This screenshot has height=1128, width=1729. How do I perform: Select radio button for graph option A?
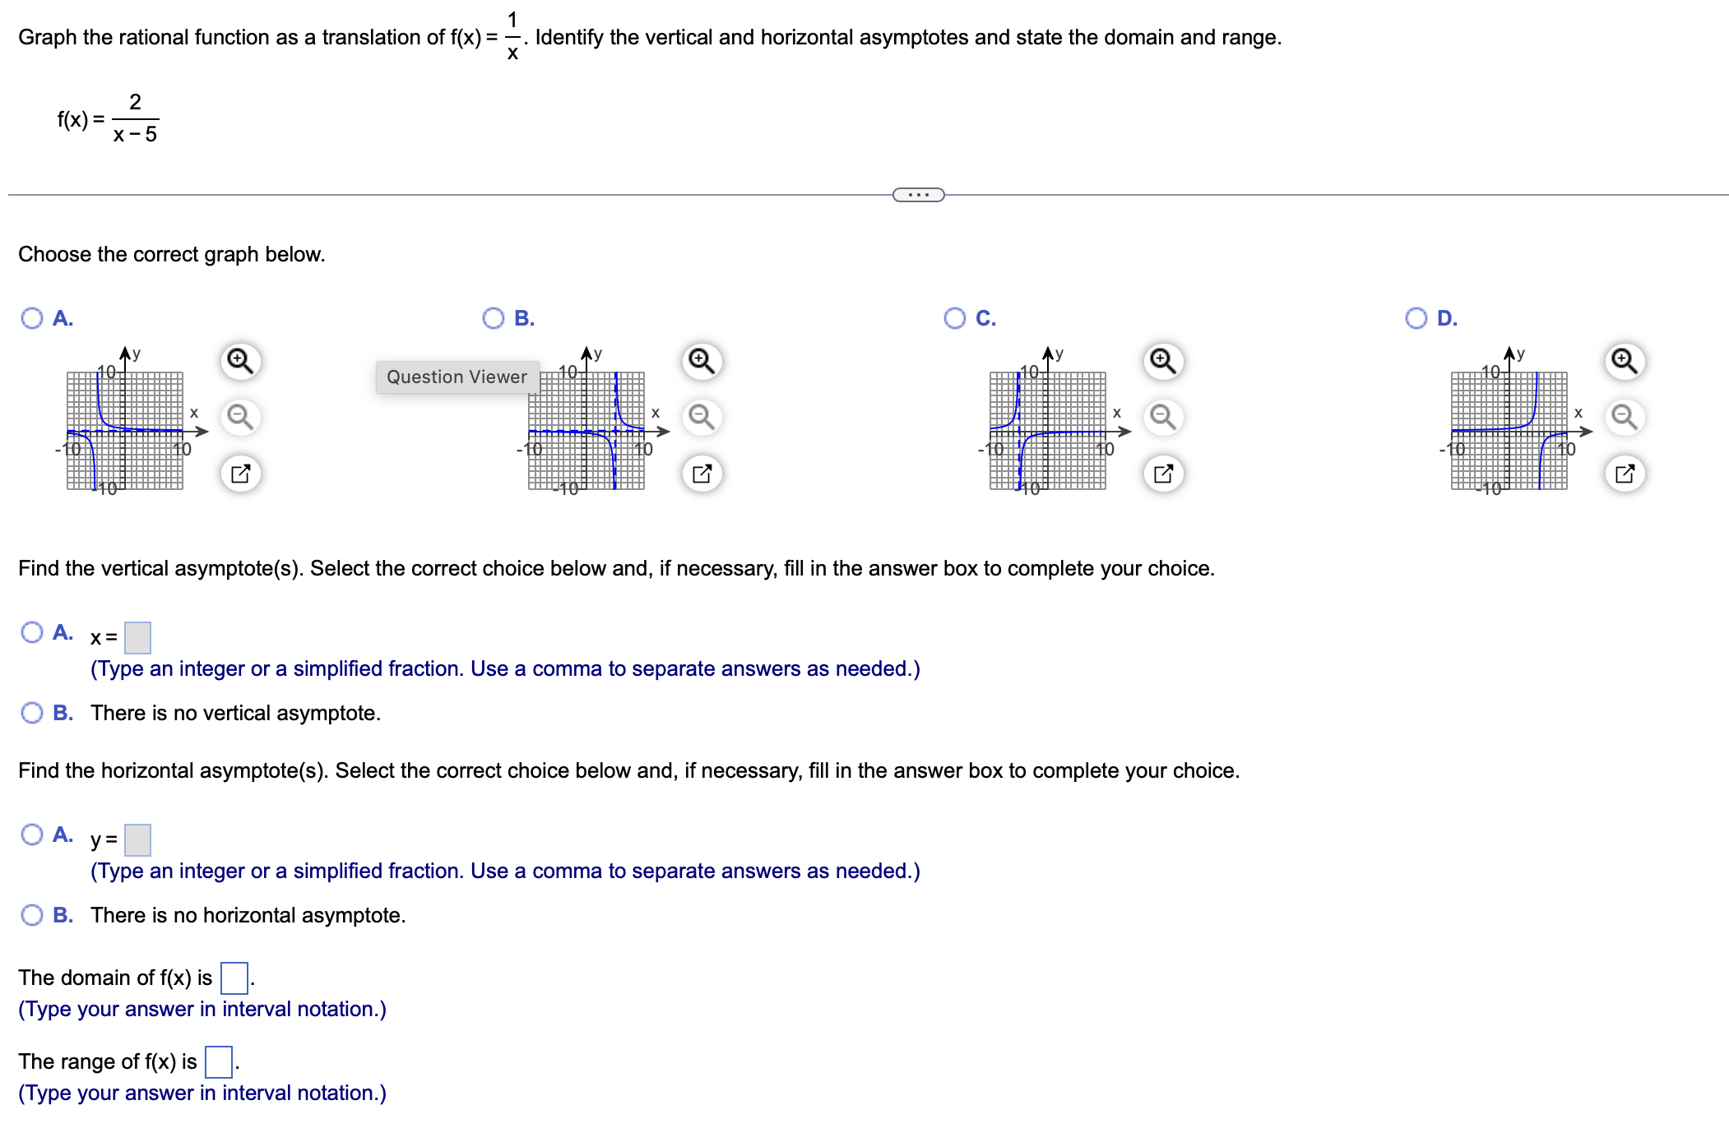32,318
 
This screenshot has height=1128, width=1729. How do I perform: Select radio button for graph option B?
494,318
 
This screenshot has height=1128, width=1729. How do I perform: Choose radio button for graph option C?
955,318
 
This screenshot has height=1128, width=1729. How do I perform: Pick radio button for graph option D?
1416,318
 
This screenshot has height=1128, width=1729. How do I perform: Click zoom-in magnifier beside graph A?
240,361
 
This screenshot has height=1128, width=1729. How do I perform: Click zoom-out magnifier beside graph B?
702,417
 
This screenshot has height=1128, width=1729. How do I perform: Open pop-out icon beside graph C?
1163,474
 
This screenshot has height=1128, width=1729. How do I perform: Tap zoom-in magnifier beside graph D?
1625,361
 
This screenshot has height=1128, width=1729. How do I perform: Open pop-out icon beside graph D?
1625,474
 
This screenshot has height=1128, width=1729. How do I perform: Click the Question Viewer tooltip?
457,377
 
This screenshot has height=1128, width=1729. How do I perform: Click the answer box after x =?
137,637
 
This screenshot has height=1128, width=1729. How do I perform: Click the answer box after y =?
137,839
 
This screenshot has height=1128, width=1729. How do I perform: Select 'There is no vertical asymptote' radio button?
32,713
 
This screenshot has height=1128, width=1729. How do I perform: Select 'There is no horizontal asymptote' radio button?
32,915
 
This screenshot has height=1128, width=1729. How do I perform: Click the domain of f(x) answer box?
234,978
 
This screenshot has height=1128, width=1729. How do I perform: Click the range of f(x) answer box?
219,1061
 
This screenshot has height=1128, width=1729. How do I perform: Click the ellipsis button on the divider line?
918,195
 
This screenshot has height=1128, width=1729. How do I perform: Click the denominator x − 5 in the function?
135,135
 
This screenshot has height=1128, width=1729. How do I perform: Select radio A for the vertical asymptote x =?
32,632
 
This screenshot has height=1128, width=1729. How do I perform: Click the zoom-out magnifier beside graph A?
240,417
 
